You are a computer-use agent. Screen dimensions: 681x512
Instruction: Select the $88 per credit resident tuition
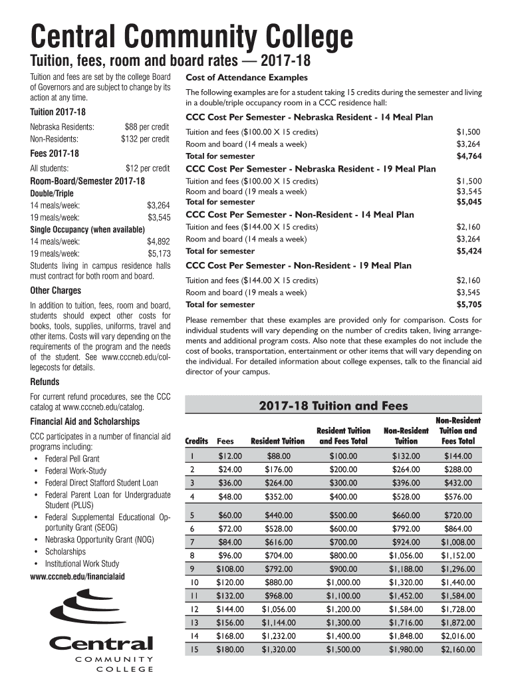point(146,126)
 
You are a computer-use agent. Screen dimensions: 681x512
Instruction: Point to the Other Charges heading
point(56,291)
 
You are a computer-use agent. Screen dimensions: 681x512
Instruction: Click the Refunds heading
point(45,382)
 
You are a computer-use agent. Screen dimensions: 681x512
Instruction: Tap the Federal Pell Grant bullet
point(72,459)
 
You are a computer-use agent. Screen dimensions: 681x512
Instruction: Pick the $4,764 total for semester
point(469,156)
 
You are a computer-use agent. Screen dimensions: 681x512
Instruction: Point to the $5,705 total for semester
point(469,305)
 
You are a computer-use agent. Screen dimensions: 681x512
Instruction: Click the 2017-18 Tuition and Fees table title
point(333,406)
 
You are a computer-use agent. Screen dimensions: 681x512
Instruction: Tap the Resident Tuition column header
point(277,441)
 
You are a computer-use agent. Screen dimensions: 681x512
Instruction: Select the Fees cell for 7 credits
point(230,542)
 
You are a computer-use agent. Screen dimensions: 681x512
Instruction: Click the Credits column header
point(196,441)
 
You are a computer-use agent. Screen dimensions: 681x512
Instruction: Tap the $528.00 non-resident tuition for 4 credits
point(406,496)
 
